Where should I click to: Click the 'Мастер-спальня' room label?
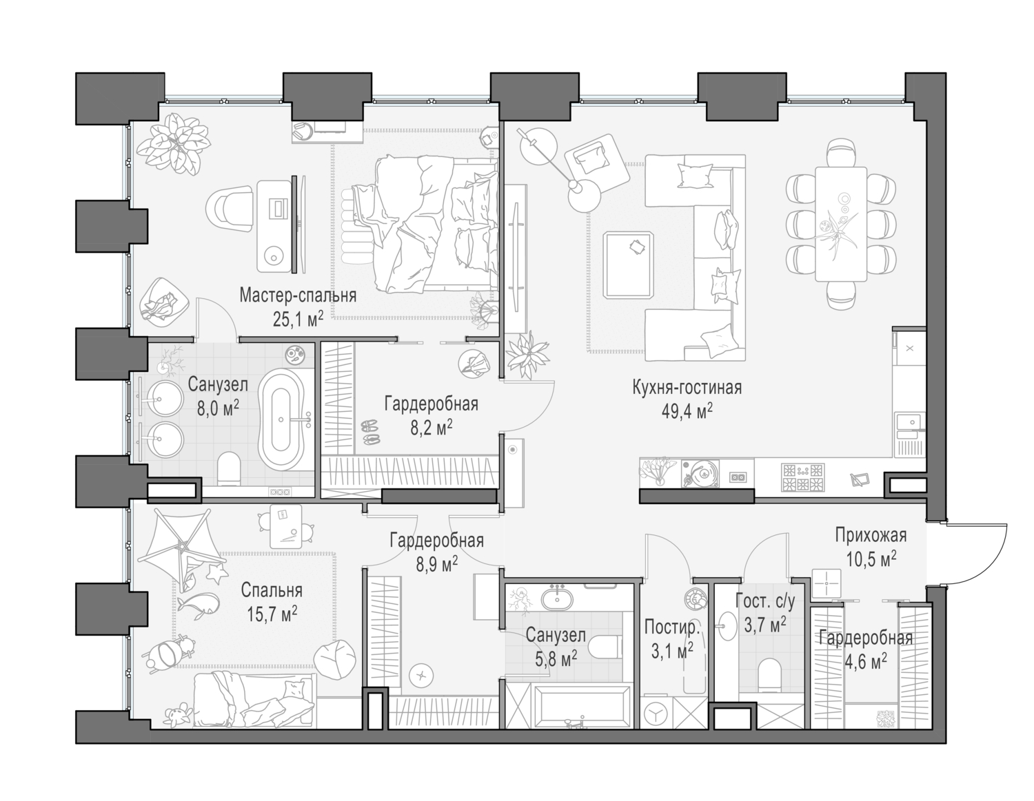pyautogui.click(x=298, y=295)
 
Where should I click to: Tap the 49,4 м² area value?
pyautogui.click(x=686, y=412)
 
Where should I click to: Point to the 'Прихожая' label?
pyautogui.click(x=870, y=535)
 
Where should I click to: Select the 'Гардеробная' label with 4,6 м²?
pyautogui.click(x=865, y=638)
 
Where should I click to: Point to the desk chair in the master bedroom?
pyautogui.click(x=231, y=209)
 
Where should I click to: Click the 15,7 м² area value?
pyautogui.click(x=272, y=614)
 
